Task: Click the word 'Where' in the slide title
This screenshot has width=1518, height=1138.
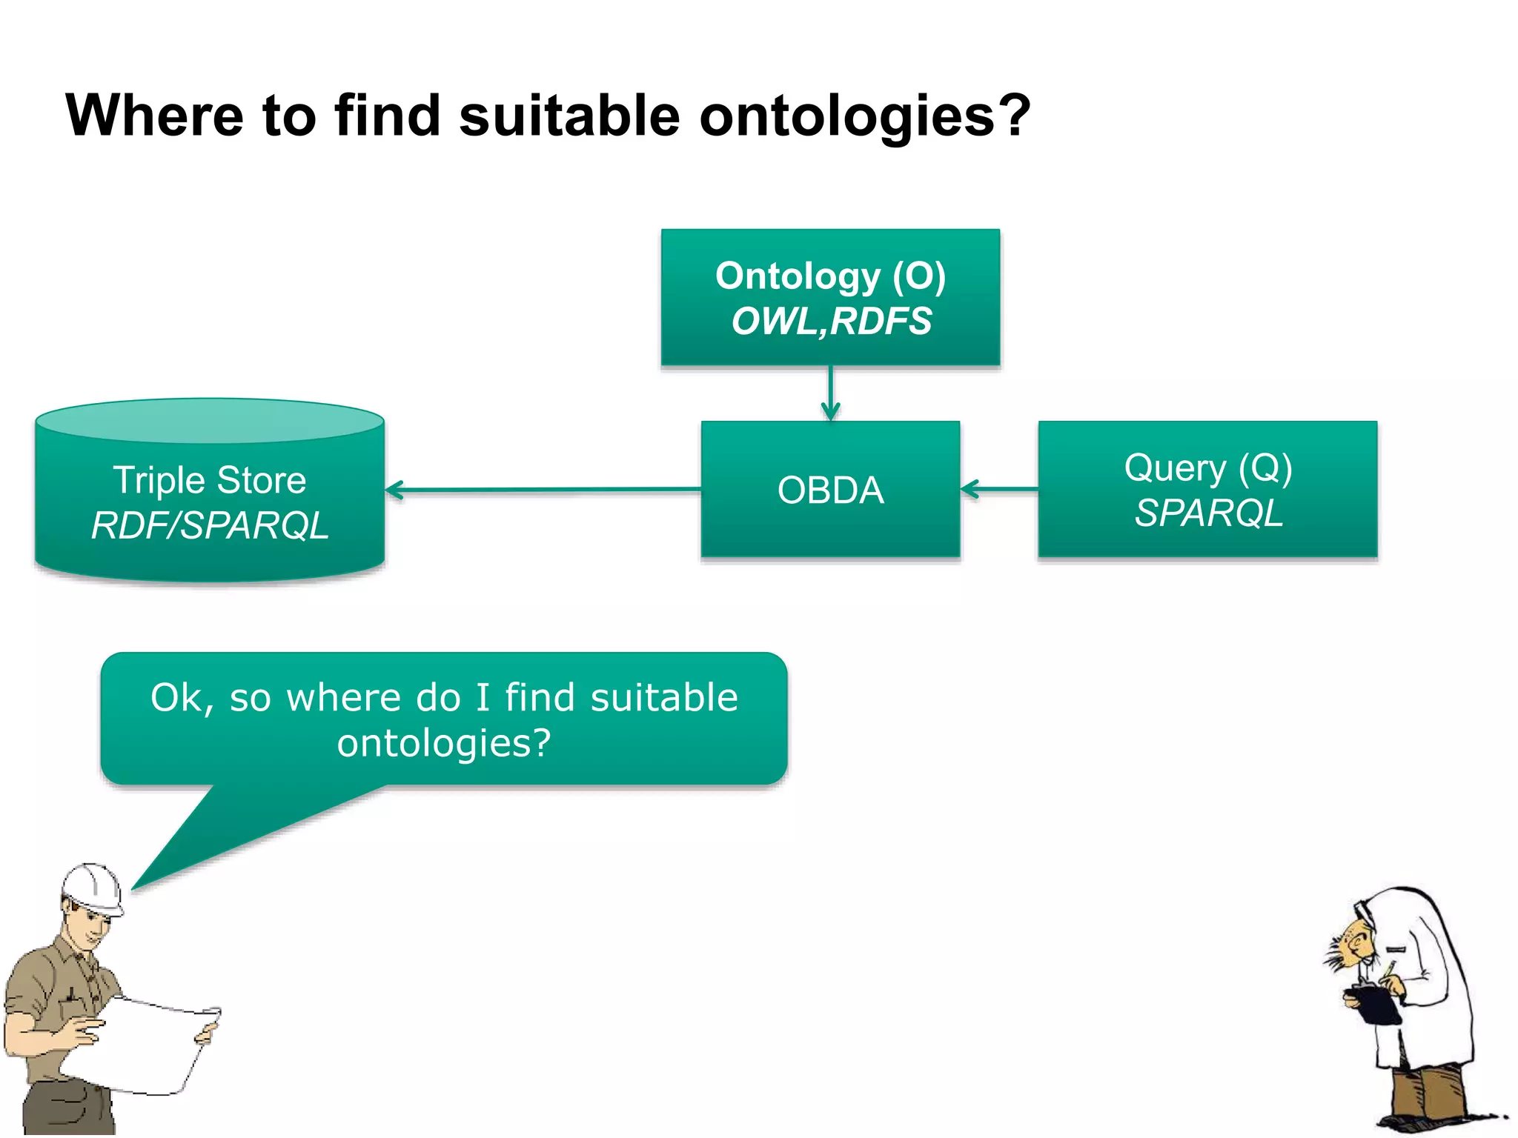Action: (x=154, y=116)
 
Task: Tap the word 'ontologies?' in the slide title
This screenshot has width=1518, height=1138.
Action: (x=864, y=117)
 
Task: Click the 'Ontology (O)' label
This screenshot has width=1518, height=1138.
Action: (x=830, y=276)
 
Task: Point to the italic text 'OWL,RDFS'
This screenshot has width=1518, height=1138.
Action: (x=831, y=322)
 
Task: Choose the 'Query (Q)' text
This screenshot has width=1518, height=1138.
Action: (x=1207, y=467)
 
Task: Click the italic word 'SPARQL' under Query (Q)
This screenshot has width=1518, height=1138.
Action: (x=1208, y=513)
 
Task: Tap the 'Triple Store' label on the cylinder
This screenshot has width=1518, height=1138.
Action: (x=210, y=480)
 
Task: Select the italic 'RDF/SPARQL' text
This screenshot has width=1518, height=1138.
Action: (x=210, y=526)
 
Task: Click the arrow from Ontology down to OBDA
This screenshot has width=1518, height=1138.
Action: (x=831, y=393)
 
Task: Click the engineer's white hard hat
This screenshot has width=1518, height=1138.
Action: (x=93, y=888)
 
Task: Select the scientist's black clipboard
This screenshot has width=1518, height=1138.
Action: (x=1376, y=1005)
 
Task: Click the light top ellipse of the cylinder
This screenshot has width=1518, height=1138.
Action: (x=210, y=421)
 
